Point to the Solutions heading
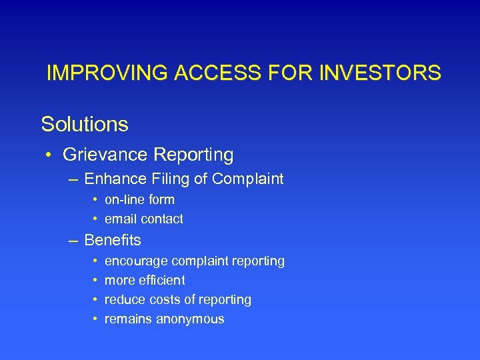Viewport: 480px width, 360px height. click(x=85, y=124)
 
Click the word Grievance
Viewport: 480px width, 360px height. click(x=105, y=155)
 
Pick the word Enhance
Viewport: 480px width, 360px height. click(x=111, y=179)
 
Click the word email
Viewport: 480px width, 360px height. click(x=121, y=219)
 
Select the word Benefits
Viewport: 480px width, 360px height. click(x=113, y=239)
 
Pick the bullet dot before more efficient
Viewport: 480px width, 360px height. click(x=96, y=281)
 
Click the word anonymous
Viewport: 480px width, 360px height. click(x=190, y=319)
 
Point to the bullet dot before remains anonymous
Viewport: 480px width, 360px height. click(x=96, y=319)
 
